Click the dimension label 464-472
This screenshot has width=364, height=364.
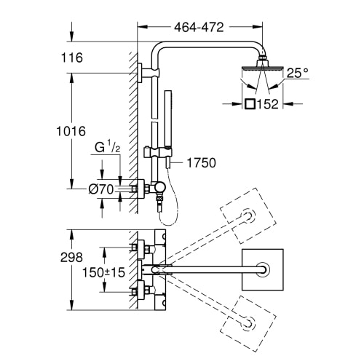[199, 27]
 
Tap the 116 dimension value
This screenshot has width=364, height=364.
[72, 58]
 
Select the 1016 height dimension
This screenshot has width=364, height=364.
[71, 131]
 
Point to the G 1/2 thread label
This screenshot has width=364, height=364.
[107, 147]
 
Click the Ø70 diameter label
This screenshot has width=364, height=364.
[101, 189]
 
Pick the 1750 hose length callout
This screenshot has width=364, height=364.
[202, 162]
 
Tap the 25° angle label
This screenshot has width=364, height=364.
[298, 73]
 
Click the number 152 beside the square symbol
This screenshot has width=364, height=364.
[267, 104]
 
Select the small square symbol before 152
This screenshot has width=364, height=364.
[250, 104]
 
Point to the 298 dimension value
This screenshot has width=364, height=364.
[71, 257]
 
